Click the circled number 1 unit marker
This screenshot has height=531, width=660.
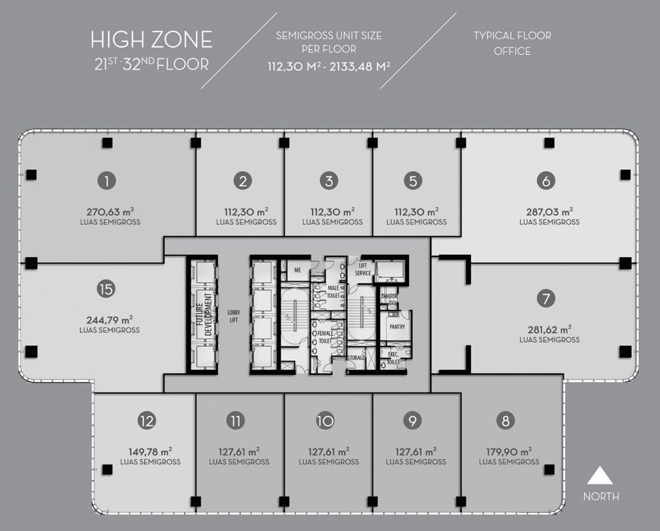point(107,181)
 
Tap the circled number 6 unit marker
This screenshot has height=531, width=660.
point(546,181)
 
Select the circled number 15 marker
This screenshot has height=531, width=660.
point(106,289)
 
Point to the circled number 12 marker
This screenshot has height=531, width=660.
point(147,421)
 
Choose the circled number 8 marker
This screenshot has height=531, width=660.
point(505,421)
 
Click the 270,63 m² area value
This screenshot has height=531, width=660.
point(110,211)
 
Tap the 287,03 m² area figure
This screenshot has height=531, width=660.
point(550,211)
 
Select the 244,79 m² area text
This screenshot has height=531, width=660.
point(110,320)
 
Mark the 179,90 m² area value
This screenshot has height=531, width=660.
point(509,452)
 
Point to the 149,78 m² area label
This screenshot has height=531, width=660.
point(150,452)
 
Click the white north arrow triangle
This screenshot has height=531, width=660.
point(600,475)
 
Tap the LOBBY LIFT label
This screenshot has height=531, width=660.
point(233,316)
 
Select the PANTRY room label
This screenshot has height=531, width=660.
point(397,327)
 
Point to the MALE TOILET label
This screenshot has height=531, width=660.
point(333,292)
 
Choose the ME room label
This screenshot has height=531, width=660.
point(297,270)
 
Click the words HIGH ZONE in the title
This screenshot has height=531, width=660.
point(152,40)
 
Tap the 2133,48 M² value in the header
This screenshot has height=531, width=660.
point(360,67)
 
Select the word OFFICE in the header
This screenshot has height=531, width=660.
point(512,51)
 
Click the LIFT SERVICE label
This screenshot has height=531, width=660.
point(363,270)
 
